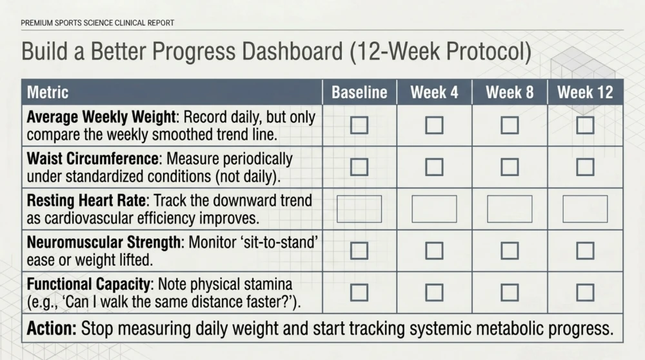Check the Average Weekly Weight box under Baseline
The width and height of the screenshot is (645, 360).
tap(359, 125)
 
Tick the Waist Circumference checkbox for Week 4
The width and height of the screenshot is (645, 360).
tap(434, 167)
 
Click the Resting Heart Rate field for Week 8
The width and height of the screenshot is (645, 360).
tap(510, 209)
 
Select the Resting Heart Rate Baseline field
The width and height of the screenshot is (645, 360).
tap(359, 209)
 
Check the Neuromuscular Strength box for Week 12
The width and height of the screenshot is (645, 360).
tap(585, 250)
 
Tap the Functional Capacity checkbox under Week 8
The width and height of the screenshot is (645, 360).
tap(510, 292)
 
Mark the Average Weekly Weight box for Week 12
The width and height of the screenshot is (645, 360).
tap(585, 125)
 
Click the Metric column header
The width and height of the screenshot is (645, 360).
tap(48, 92)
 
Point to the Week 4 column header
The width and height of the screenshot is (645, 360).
tap(434, 92)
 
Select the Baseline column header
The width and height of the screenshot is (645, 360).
tap(359, 92)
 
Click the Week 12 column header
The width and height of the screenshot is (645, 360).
tap(585, 92)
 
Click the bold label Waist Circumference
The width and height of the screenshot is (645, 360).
tap(92, 159)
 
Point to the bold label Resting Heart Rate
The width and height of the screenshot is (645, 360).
tap(86, 201)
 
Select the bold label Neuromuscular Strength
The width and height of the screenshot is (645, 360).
tap(104, 243)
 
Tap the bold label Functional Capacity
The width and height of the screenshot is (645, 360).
tap(88, 285)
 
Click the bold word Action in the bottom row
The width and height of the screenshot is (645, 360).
tap(52, 329)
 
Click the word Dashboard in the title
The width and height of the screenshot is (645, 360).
tap(292, 52)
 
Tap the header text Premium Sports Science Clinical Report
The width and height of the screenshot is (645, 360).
tap(97, 23)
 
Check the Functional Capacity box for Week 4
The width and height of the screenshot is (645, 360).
tap(434, 292)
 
